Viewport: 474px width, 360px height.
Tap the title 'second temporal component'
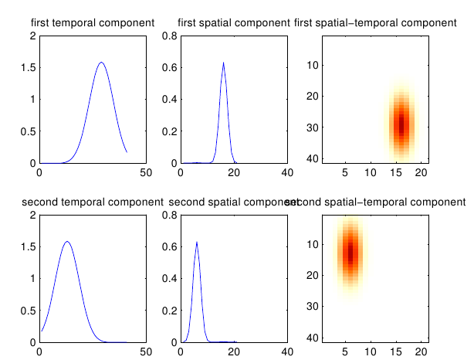point(92,202)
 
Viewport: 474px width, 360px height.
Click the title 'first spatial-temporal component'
point(375,23)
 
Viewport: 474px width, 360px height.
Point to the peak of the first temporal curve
point(101,63)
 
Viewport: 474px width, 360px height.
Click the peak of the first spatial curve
point(223,63)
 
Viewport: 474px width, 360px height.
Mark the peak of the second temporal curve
point(67,242)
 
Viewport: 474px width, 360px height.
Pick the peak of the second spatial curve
point(197,242)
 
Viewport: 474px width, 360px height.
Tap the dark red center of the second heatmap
point(350,252)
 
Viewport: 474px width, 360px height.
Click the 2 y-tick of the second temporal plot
point(32,216)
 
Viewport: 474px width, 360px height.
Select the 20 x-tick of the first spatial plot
point(234,172)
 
